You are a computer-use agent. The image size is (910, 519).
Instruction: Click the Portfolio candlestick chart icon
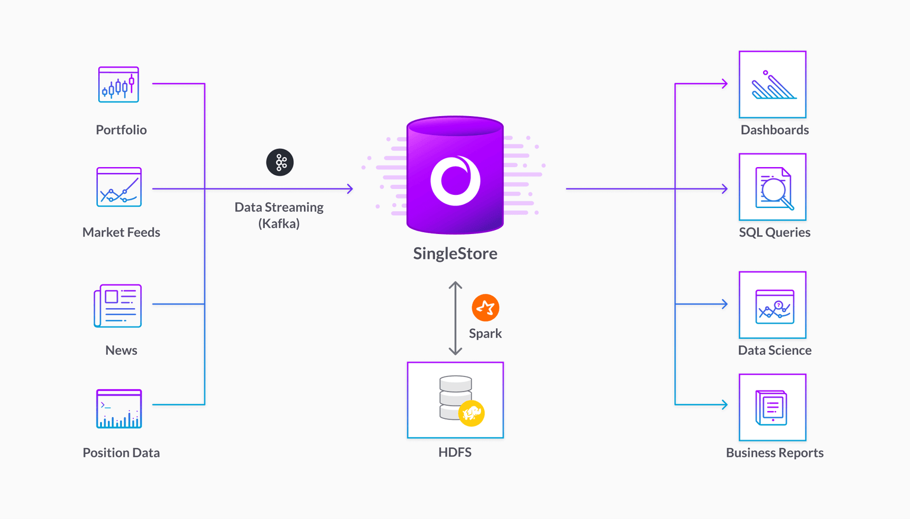click(118, 84)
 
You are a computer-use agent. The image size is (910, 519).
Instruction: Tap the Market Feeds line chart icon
click(119, 187)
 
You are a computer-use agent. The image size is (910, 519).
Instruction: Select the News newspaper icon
click(118, 306)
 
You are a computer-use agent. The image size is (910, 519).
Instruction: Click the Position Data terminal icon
click(119, 409)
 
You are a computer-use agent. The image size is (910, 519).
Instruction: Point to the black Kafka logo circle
click(280, 162)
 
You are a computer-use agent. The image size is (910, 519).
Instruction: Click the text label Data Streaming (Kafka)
click(279, 215)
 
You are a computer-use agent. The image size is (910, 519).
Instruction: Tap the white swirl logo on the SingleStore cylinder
click(455, 180)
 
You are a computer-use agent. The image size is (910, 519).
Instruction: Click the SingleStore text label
click(455, 254)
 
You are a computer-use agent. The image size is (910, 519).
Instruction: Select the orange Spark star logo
click(485, 307)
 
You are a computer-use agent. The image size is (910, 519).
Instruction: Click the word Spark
click(485, 334)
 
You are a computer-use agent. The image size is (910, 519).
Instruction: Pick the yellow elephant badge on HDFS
click(472, 413)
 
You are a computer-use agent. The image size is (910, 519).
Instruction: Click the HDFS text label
click(455, 453)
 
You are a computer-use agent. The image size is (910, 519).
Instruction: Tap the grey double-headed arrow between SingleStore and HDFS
click(455, 318)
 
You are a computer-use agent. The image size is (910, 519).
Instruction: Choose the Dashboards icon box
click(773, 84)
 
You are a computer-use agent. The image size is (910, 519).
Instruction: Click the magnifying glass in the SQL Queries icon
click(774, 190)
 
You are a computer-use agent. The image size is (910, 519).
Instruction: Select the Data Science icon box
click(773, 305)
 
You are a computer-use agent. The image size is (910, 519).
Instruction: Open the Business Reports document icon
click(772, 408)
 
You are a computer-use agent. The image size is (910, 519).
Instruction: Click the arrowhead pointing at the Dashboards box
click(724, 84)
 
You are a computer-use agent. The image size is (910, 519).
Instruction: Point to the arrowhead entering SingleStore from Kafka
click(350, 189)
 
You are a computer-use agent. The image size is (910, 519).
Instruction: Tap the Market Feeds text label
click(121, 232)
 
